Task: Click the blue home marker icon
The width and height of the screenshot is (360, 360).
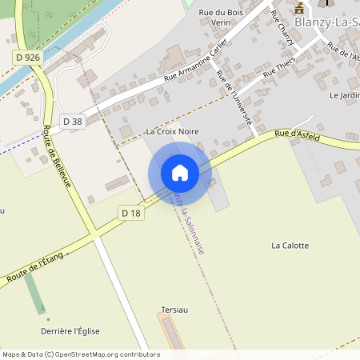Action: [180, 173]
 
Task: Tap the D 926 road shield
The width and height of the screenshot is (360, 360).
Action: [27, 58]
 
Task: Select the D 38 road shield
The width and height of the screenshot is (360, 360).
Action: [71, 122]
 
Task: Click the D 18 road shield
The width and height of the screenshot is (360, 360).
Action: [130, 212]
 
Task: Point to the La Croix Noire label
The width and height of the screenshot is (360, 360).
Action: [172, 131]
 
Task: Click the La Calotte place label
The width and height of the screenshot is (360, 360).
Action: [290, 246]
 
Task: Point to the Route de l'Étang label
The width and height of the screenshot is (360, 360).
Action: [35, 266]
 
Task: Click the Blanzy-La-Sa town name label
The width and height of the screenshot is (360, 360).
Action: [326, 22]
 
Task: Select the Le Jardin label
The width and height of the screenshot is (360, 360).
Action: [344, 96]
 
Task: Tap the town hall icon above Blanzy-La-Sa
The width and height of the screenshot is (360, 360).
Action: [300, 8]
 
